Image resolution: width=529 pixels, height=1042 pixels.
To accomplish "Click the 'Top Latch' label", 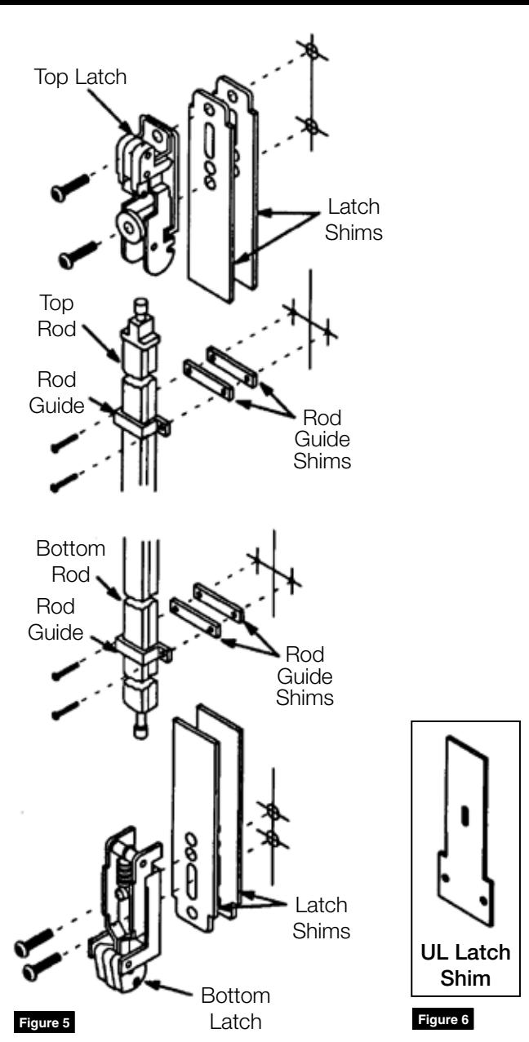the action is click(80, 78).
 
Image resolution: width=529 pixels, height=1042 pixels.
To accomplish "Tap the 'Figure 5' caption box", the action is click(44, 1023).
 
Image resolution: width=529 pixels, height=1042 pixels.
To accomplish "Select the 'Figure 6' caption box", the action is click(443, 1019).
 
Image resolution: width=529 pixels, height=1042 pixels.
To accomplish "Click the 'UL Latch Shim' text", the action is click(465, 965).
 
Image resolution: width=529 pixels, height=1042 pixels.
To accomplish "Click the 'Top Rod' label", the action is click(57, 316).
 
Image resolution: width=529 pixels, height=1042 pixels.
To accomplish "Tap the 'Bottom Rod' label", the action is click(71, 561).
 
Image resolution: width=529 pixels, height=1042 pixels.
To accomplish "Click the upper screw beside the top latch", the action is click(69, 186).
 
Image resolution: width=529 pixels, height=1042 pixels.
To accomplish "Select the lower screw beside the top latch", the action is click(78, 255).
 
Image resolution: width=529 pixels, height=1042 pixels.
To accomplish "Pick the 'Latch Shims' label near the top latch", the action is click(353, 219).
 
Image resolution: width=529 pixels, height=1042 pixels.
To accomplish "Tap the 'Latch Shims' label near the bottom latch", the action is click(321, 918).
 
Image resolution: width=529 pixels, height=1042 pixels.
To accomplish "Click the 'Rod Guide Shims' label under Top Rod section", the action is click(322, 440).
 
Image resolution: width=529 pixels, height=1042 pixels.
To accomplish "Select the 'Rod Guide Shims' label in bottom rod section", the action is click(305, 676).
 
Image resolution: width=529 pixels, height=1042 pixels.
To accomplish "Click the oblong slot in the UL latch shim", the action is click(465, 817).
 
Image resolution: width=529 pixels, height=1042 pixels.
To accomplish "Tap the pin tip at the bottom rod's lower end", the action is click(140, 730).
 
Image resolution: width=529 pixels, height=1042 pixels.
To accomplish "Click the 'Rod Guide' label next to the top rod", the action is click(57, 392).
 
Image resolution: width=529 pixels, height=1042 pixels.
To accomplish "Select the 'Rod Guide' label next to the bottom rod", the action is click(56, 619).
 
